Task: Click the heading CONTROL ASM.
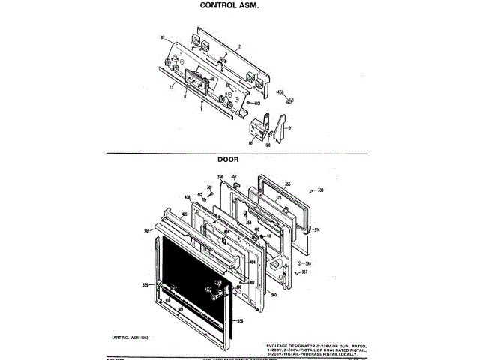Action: (x=229, y=5)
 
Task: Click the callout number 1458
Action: (x=281, y=92)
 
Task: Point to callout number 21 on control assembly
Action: (x=240, y=47)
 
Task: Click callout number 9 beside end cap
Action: (x=289, y=128)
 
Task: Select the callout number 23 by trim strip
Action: (x=171, y=88)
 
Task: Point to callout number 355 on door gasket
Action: (x=287, y=184)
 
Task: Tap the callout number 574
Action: (x=316, y=229)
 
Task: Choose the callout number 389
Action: (x=307, y=263)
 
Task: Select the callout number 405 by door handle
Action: (x=184, y=214)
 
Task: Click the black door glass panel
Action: (x=191, y=277)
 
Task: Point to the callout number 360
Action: (x=274, y=295)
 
